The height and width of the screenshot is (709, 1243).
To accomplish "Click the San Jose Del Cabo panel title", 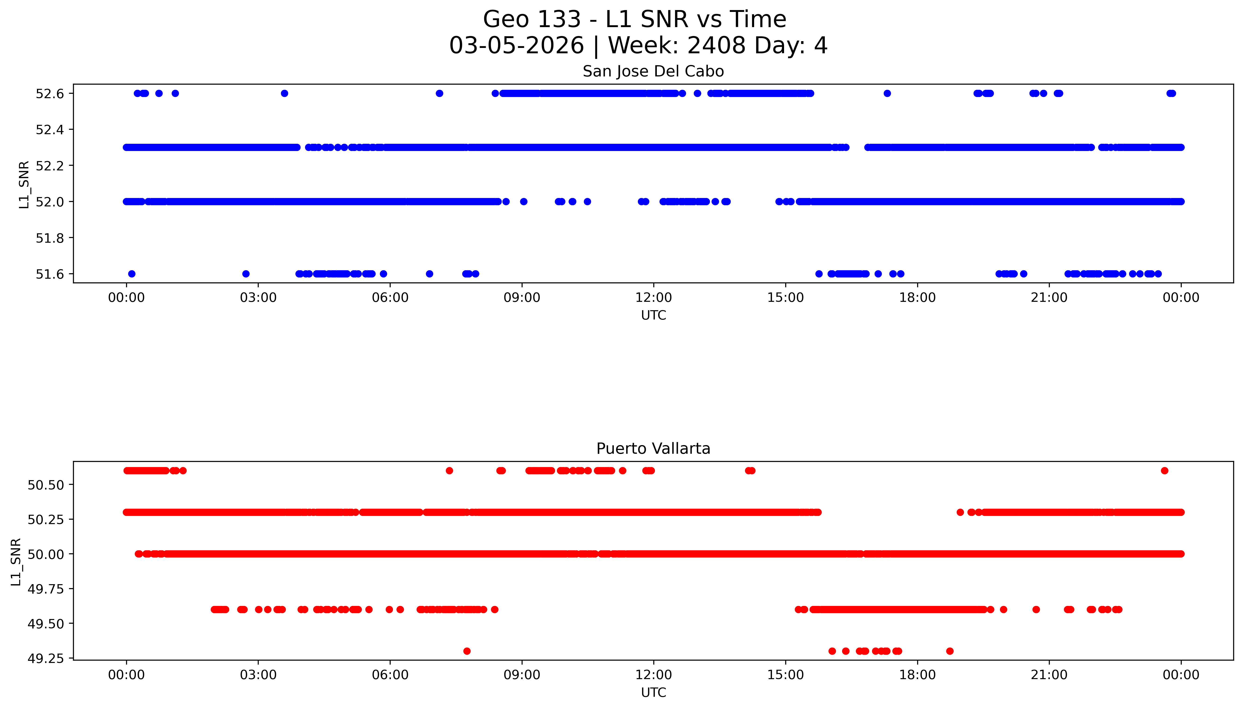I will coord(653,72).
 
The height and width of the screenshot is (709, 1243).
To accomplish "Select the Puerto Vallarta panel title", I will coord(653,449).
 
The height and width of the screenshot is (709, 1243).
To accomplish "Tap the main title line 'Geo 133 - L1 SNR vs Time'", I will coord(634,19).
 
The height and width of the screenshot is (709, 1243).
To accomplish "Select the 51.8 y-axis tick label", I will coord(50,238).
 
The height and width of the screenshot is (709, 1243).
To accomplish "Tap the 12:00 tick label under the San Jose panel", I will coord(653,298).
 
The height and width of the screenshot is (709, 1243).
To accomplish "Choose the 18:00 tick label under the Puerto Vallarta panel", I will coord(917,675).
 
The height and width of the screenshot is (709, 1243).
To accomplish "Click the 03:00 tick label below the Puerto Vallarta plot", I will coord(258,675).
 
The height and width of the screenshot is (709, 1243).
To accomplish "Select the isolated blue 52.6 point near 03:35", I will coord(285,94).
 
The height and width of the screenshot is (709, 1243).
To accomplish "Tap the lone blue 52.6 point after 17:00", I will coord(887,94).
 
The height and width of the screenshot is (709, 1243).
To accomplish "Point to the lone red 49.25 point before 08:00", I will coord(467,651).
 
